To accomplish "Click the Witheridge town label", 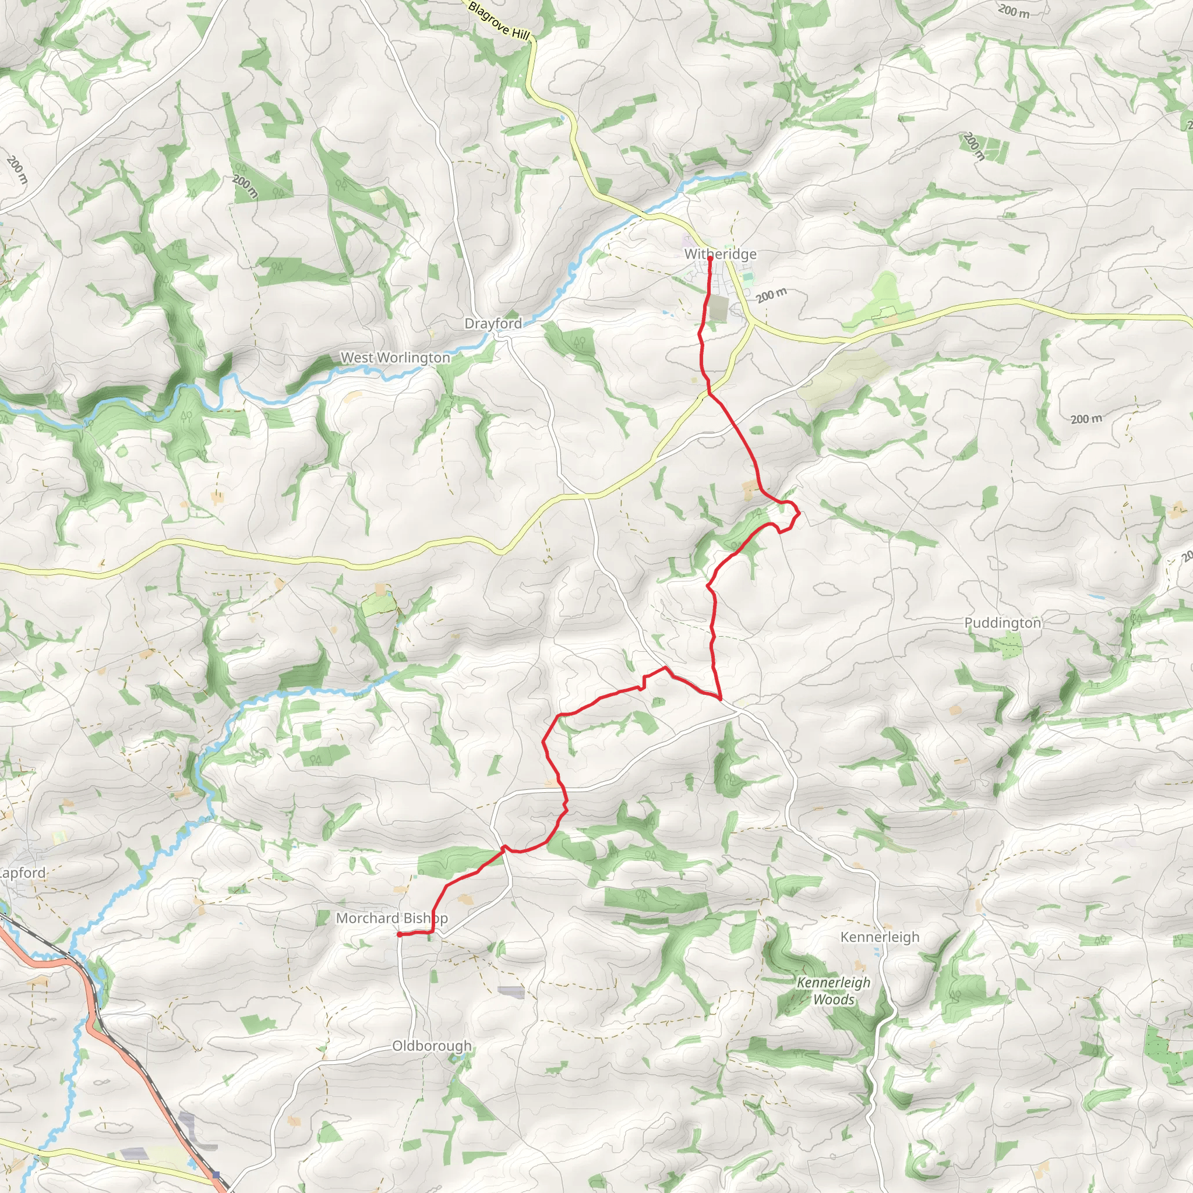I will click(720, 254).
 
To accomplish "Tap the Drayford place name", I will click(493, 323).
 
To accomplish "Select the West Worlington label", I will click(395, 358).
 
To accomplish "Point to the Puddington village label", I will click(1002, 623).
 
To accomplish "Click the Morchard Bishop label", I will click(391, 918).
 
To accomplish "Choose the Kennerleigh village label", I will click(879, 937).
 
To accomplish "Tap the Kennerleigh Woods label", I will click(833, 991).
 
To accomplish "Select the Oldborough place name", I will click(432, 1046).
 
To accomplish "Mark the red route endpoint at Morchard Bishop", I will click(400, 934).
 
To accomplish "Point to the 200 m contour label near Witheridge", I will click(771, 295).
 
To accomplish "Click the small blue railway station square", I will click(216, 1174).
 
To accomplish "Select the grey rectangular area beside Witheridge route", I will click(719, 308).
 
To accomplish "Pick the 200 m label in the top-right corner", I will click(1014, 10).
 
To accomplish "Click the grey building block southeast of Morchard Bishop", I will click(511, 992).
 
